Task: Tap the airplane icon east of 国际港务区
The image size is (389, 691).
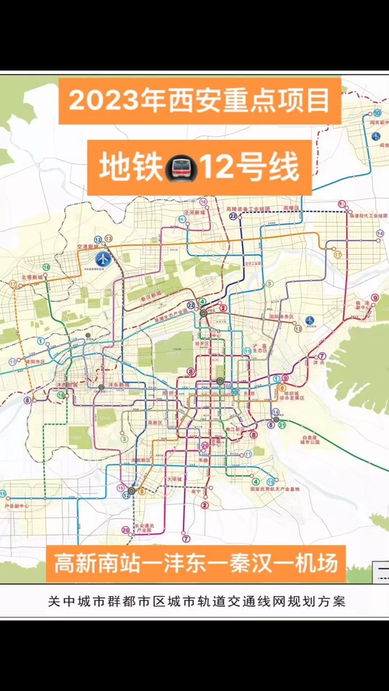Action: (310, 320)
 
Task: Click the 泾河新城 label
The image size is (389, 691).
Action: (194, 213)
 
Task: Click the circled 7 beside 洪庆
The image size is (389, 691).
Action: (322, 356)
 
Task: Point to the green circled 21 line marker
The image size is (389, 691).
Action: (283, 425)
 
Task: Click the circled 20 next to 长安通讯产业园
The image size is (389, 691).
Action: (126, 530)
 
